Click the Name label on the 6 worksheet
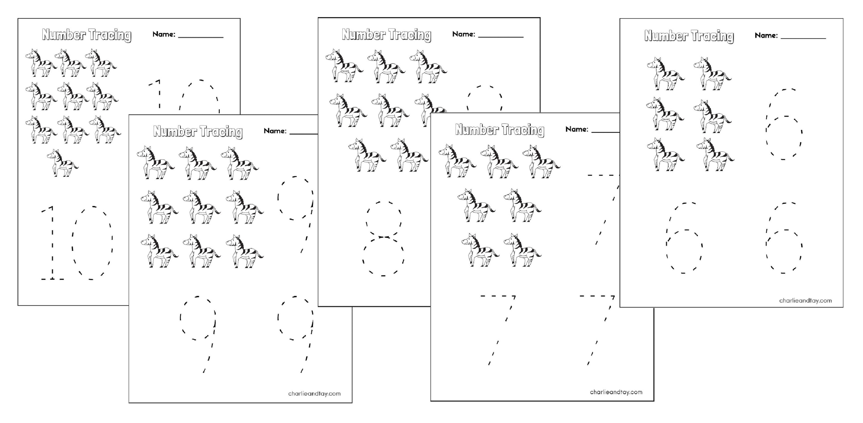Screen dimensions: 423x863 (766, 35)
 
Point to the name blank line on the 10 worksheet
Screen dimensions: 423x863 (201, 37)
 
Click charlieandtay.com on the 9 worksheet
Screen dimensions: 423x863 (314, 394)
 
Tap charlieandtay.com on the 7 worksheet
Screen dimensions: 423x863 (616, 392)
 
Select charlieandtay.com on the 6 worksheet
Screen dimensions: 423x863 (805, 300)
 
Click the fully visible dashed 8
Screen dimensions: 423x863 (383, 239)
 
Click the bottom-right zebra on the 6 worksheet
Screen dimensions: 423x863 (715, 155)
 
